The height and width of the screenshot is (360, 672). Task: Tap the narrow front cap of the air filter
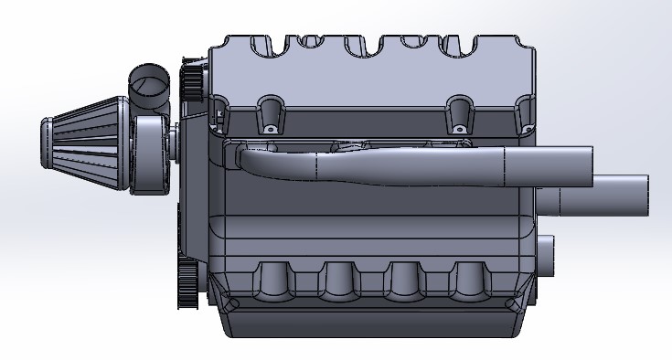pyautogui.click(x=48, y=145)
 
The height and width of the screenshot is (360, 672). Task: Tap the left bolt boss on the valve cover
pyautogui.click(x=270, y=113)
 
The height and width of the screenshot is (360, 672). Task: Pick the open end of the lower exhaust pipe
pyautogui.click(x=644, y=196)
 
